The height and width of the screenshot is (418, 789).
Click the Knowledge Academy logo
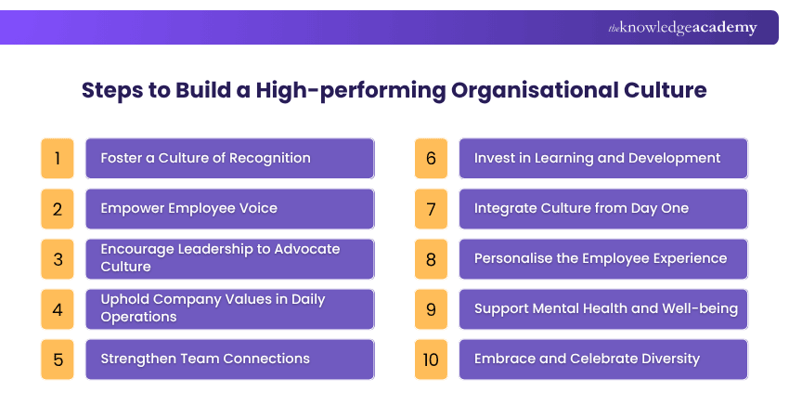click(x=682, y=28)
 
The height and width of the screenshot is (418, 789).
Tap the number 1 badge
click(x=57, y=158)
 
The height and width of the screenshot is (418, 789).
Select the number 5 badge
click(x=57, y=359)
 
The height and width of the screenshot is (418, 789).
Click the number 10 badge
click(x=430, y=359)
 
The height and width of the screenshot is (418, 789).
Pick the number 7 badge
click(x=430, y=208)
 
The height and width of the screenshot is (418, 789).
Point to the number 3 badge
click(x=57, y=258)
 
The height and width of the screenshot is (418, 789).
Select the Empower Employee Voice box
click(x=229, y=208)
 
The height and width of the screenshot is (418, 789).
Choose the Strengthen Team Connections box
click(x=229, y=359)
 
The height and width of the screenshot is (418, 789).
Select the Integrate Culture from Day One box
click(x=602, y=208)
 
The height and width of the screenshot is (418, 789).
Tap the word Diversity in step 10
click(x=667, y=359)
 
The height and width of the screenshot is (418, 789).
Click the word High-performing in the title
click(x=355, y=91)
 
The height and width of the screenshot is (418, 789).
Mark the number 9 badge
click(x=430, y=308)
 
